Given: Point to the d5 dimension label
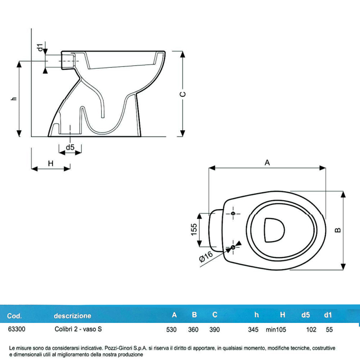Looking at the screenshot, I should [70, 147].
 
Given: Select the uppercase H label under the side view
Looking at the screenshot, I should [51, 163].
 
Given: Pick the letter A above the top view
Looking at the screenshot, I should [267, 163].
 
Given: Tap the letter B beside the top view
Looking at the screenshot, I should [338, 230].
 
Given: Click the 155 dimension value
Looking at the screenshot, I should [194, 230].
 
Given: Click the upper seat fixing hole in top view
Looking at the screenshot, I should [233, 214].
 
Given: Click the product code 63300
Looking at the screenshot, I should [16, 329].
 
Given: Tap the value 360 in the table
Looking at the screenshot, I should [193, 329].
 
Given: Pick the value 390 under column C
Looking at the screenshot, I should [214, 329].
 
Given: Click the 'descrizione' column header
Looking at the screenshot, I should [72, 316].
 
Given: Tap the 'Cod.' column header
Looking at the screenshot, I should [14, 316].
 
